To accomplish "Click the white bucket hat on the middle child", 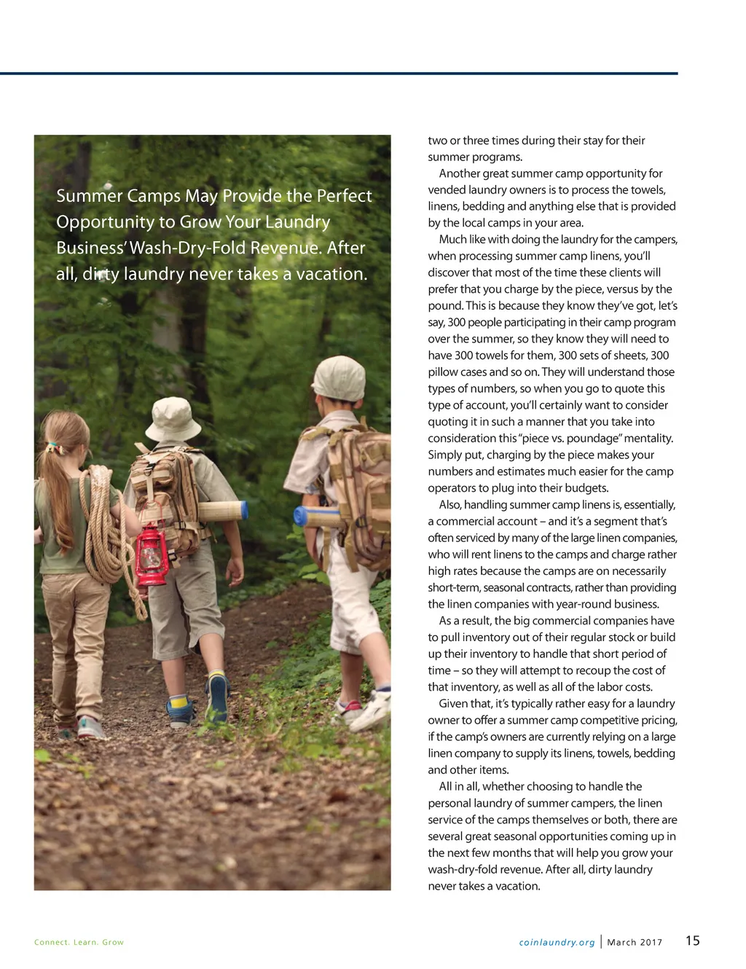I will click(173, 417).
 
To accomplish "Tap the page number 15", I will click(692, 941).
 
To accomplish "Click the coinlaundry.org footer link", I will click(557, 942).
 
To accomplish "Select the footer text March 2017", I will click(635, 942).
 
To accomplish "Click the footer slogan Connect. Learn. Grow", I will click(79, 942).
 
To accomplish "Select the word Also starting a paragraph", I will click(449, 504).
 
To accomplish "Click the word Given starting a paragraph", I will click(454, 703).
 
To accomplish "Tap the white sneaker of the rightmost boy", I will click(372, 710).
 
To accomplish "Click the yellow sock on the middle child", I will click(178, 703).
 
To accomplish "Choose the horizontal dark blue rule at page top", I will click(339, 74).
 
